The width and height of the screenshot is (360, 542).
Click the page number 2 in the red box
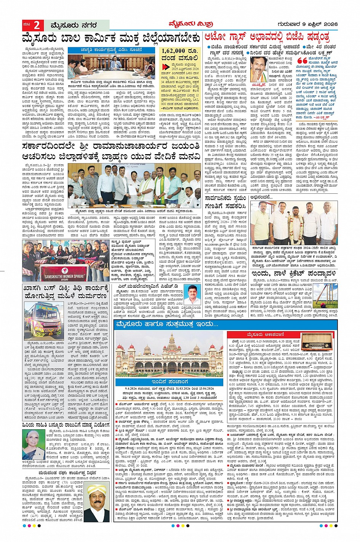pyautogui.click(x=37, y=26)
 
